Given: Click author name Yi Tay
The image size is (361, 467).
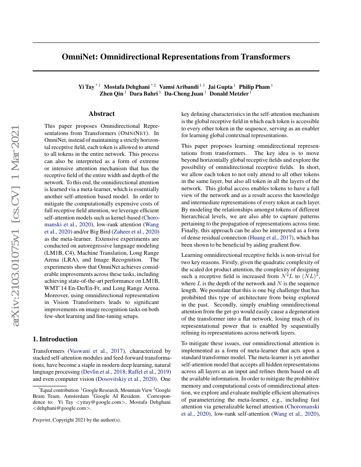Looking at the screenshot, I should click(87, 87).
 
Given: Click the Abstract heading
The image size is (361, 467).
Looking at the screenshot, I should click(102, 114).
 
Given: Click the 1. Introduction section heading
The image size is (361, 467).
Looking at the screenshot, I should click(55, 339).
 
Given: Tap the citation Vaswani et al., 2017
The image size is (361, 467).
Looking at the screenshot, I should click(97, 351).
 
